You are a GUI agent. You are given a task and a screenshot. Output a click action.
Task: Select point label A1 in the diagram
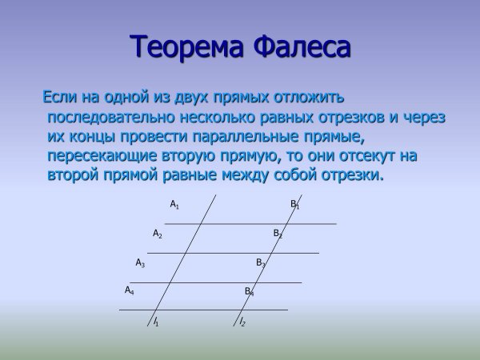[174, 205]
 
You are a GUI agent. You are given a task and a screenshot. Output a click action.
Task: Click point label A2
[158, 234]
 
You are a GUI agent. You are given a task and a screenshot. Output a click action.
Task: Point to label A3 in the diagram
[140, 262]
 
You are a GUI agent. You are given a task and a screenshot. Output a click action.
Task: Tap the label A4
[129, 290]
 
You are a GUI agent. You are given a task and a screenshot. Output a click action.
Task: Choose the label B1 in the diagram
[294, 205]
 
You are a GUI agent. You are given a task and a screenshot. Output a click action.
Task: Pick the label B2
[278, 234]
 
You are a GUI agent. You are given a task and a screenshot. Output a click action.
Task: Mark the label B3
[260, 262]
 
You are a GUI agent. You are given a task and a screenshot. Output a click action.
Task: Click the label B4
[249, 292]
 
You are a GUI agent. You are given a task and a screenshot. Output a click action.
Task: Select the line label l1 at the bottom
[156, 322]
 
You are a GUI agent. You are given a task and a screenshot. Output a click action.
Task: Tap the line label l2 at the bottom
[242, 322]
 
